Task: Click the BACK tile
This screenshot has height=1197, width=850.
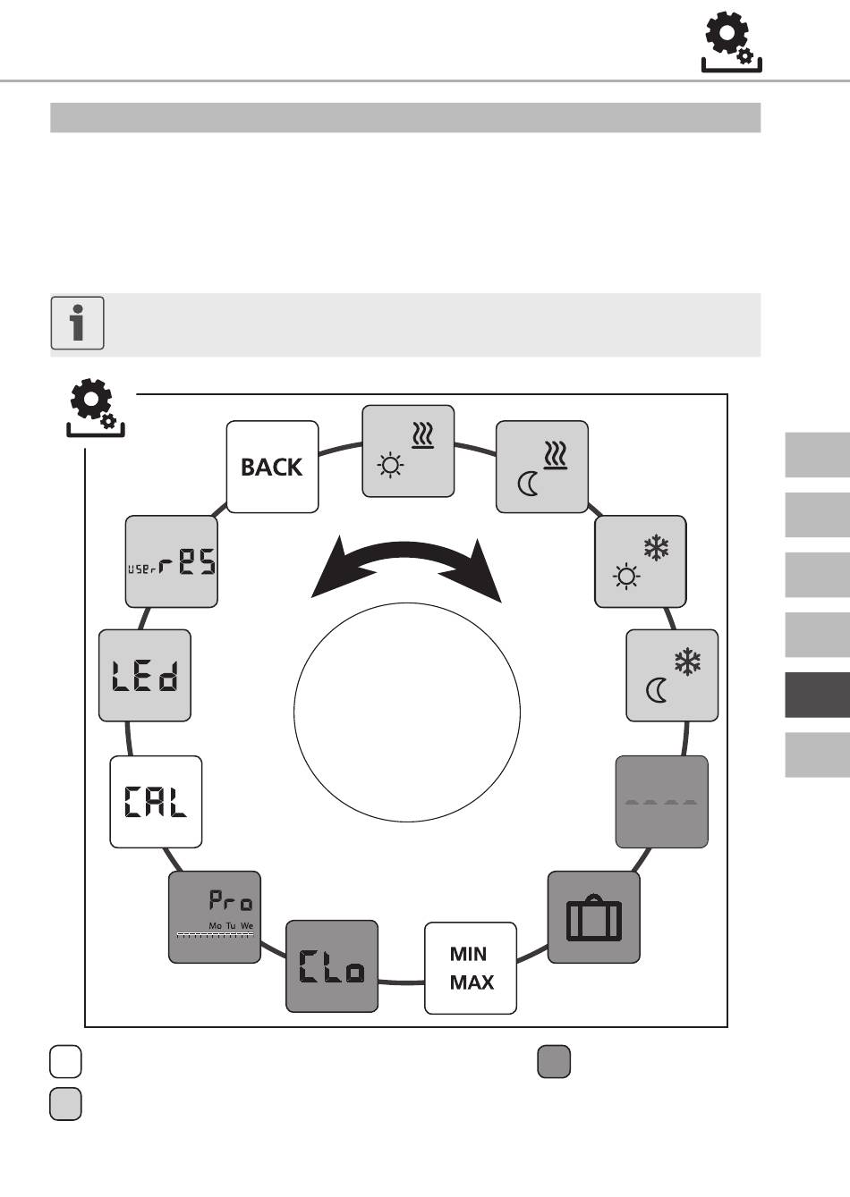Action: tap(272, 467)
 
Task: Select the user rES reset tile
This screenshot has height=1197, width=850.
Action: tap(172, 561)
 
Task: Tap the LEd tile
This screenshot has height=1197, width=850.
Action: tap(145, 675)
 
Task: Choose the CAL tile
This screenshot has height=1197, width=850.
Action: tap(156, 802)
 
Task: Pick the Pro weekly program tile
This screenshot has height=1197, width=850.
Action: tap(215, 917)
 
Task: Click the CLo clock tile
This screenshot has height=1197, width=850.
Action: tap(332, 966)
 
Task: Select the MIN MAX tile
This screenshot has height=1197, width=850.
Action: tap(471, 968)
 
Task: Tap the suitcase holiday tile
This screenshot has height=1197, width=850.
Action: tap(594, 917)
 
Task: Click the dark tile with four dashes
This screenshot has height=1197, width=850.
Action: tap(662, 802)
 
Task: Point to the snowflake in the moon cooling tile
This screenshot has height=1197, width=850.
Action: tap(687, 662)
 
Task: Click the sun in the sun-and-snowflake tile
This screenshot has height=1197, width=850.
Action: tap(626, 577)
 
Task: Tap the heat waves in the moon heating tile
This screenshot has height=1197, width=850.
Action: tap(556, 455)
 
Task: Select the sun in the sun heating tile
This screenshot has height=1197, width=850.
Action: tap(390, 465)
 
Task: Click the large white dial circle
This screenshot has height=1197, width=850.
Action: tap(407, 712)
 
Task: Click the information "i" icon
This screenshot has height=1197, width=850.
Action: tap(78, 324)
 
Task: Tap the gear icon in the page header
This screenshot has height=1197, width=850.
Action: tap(731, 43)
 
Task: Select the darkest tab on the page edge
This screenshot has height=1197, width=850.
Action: tap(818, 695)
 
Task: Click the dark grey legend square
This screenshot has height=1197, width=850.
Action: tap(554, 1062)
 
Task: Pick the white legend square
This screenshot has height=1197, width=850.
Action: tap(66, 1062)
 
